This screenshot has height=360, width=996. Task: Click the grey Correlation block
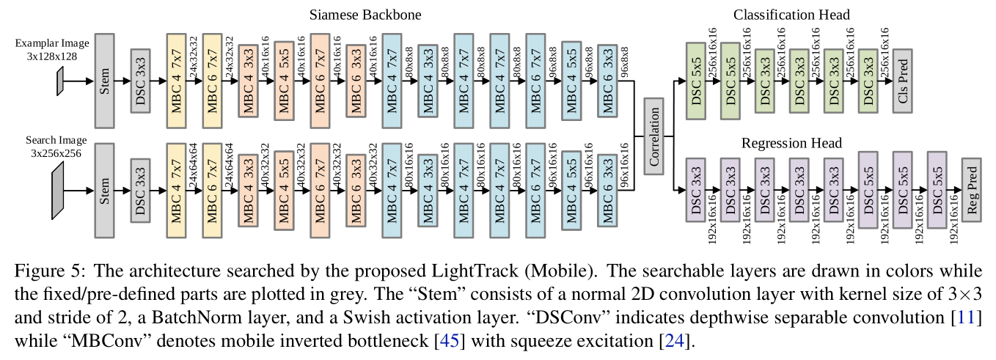(653, 136)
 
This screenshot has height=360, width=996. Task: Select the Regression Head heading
(791, 143)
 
